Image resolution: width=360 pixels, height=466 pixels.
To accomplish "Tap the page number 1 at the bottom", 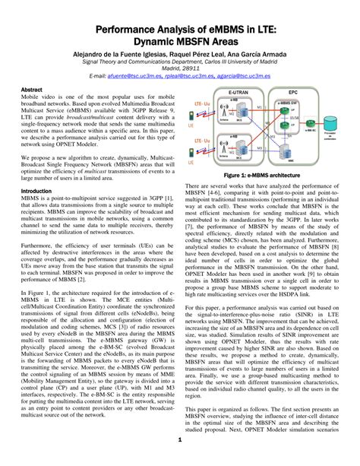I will pyautogui.click(x=179, y=440).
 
